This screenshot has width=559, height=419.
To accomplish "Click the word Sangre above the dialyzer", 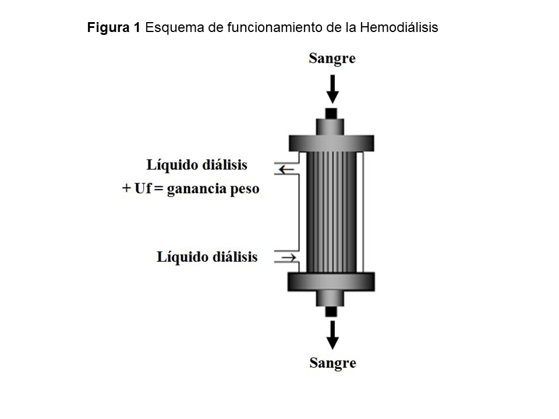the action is tap(332, 58).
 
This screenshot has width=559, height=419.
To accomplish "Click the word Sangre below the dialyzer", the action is tap(332, 363).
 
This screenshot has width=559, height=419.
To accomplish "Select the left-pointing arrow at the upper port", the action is tap(286, 169).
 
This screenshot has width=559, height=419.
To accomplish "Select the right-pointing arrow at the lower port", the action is tap(289, 257).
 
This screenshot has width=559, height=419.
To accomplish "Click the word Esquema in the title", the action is tap(171, 27).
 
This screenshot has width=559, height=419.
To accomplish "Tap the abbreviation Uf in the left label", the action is tap(142, 189).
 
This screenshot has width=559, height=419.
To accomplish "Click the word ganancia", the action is tap(195, 190).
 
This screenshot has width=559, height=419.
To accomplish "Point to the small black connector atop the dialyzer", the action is tap(331, 112).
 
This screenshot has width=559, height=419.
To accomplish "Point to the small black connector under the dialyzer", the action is tap(331, 311).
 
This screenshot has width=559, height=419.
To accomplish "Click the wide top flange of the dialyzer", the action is tap(331, 143).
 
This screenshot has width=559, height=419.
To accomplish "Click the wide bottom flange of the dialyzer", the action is tap(331, 281).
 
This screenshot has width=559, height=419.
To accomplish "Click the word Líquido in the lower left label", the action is tap(179, 257).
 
